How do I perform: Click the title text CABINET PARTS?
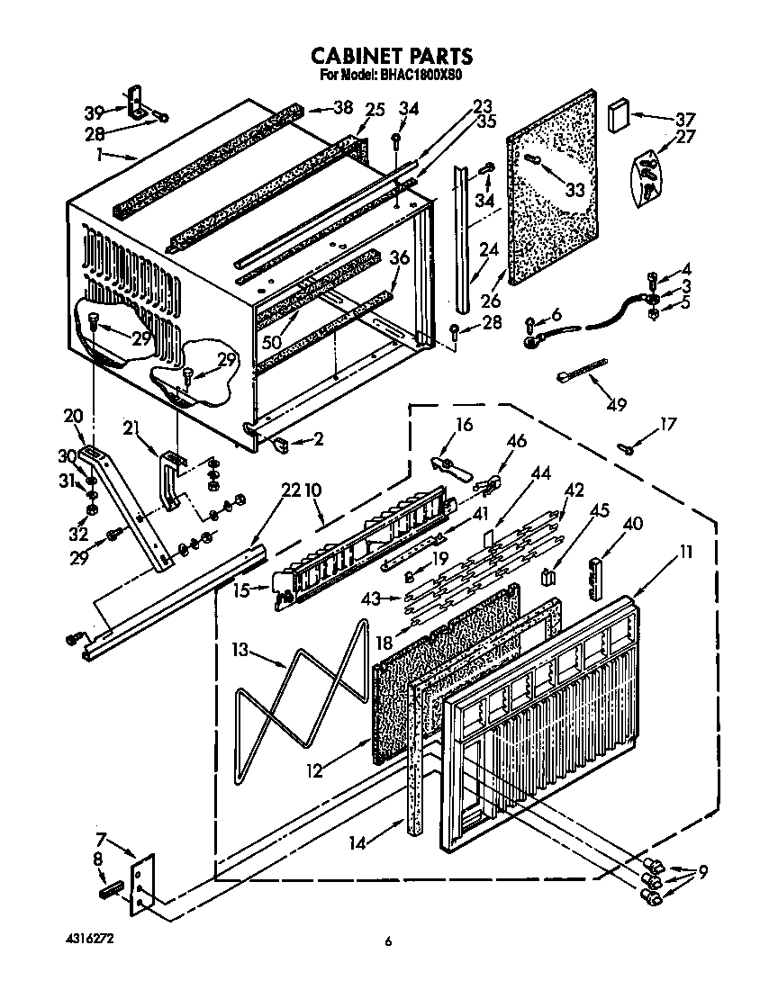(391, 58)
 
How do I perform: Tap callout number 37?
(685, 119)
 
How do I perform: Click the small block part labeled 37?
(619, 115)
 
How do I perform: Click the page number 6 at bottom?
(388, 942)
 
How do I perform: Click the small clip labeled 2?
(280, 442)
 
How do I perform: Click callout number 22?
(290, 490)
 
